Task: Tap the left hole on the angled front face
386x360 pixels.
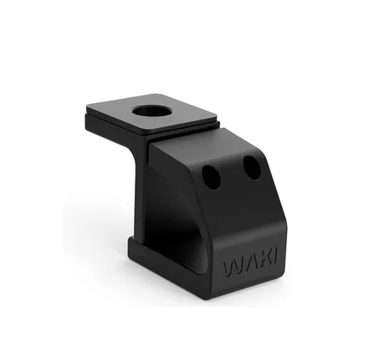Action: click(211, 177)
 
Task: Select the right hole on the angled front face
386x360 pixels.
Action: click(252, 168)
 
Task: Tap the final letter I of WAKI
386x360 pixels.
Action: click(274, 257)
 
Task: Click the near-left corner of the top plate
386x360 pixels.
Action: click(87, 107)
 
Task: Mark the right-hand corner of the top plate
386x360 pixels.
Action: click(216, 117)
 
